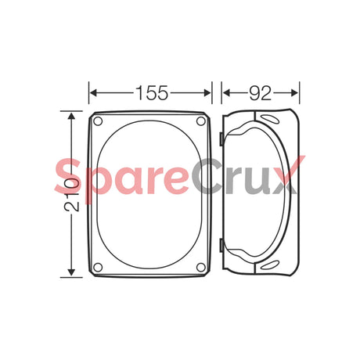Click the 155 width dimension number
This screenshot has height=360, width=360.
point(151,92)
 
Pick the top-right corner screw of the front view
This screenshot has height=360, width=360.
point(202,121)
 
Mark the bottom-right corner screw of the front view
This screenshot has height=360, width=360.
point(202,267)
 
